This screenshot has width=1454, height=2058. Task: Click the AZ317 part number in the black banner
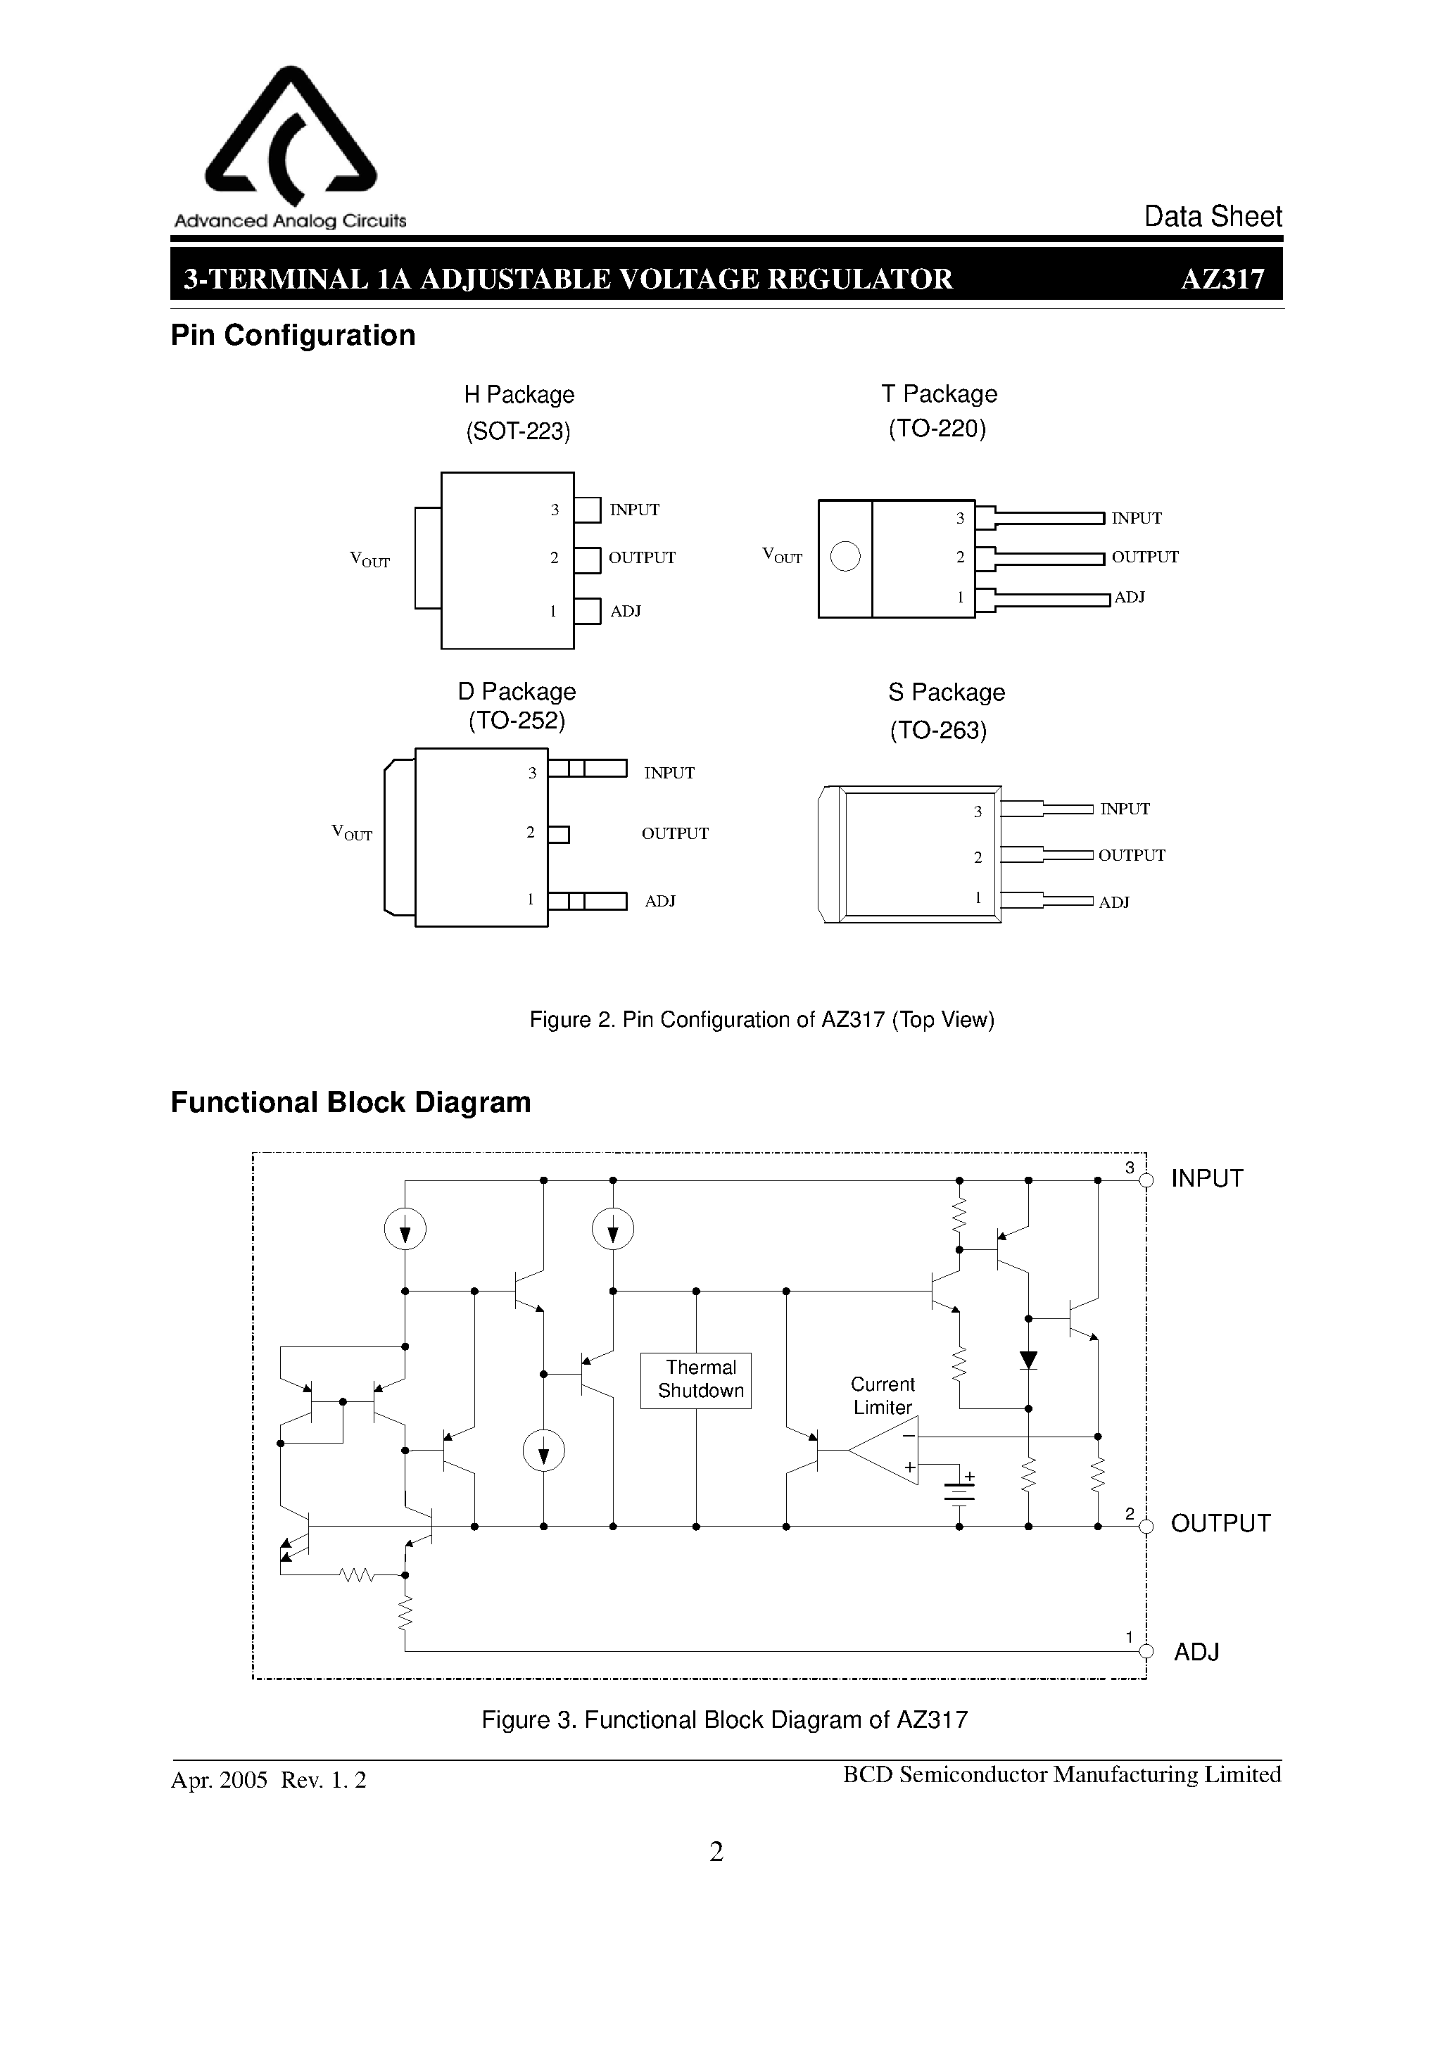click(x=1222, y=279)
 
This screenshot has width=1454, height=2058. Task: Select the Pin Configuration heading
click(x=293, y=335)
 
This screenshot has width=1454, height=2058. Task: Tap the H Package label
click(x=519, y=394)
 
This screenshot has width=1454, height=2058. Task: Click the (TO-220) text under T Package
click(x=937, y=429)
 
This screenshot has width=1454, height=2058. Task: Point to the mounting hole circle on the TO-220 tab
click(x=845, y=557)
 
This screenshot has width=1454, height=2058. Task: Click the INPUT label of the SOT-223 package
click(x=635, y=510)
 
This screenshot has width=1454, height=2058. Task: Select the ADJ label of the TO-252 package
click(x=659, y=901)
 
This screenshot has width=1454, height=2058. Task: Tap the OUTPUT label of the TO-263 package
click(x=1131, y=855)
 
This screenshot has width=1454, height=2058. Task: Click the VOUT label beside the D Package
click(x=353, y=833)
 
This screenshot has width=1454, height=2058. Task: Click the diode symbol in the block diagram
click(x=1028, y=1361)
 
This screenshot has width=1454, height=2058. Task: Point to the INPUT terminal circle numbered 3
click(x=1146, y=1180)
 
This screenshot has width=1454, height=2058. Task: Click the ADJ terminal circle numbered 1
click(x=1146, y=1651)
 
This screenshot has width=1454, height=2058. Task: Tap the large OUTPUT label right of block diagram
click(x=1220, y=1524)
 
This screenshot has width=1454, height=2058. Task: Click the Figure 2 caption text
click(x=762, y=1020)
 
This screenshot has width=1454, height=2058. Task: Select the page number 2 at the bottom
click(x=716, y=1852)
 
